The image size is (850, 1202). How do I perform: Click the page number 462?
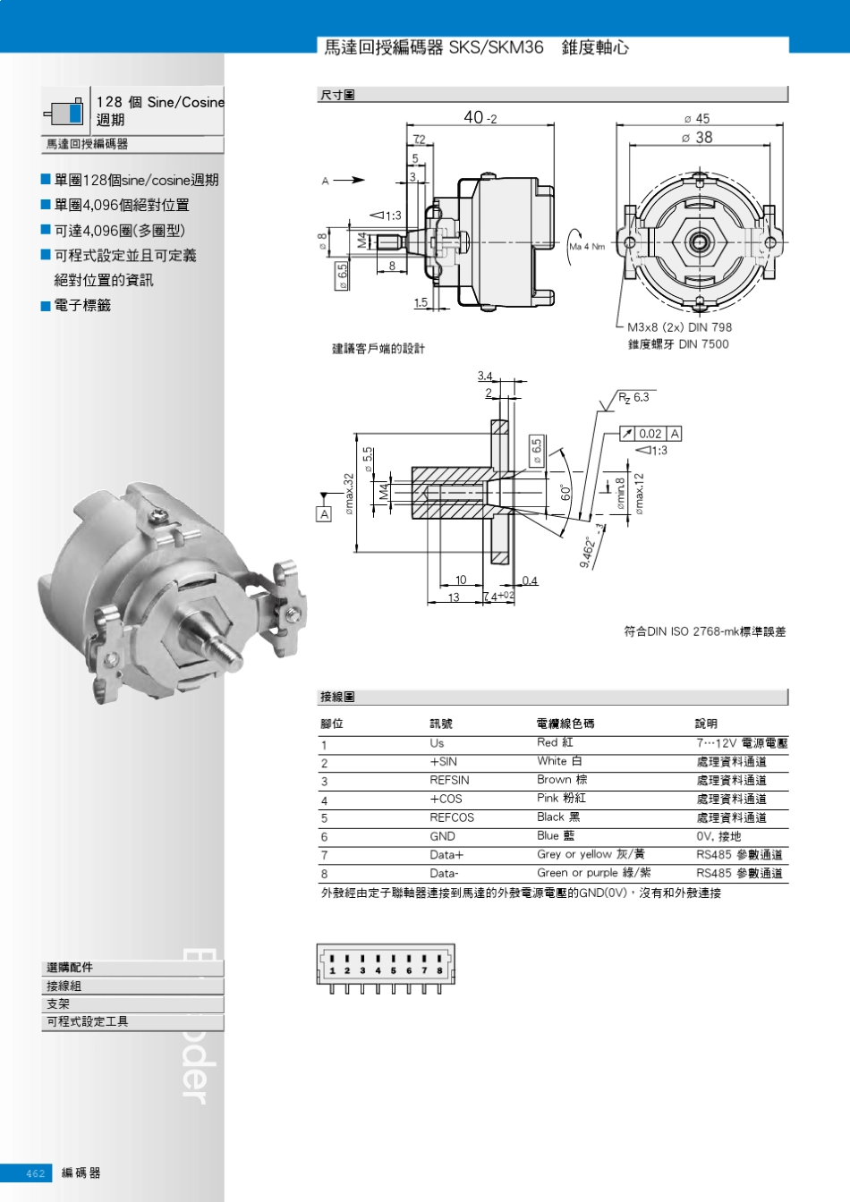pyautogui.click(x=35, y=1173)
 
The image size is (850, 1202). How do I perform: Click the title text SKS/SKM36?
pyautogui.click(x=496, y=47)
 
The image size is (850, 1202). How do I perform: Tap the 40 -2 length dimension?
pyautogui.click(x=480, y=118)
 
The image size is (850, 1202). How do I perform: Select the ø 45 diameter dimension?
pyautogui.click(x=697, y=118)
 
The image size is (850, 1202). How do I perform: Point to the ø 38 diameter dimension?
pyautogui.click(x=697, y=138)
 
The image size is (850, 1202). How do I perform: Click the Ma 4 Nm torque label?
pyautogui.click(x=587, y=246)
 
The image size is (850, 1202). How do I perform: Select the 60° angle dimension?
pyautogui.click(x=565, y=493)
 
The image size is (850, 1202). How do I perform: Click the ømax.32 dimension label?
pyautogui.click(x=349, y=494)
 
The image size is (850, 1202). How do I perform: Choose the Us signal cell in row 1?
pyautogui.click(x=437, y=743)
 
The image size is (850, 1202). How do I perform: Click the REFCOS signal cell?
pyautogui.click(x=452, y=817)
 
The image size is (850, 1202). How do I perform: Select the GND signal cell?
pyautogui.click(x=442, y=836)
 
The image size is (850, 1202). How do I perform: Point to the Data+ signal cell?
pyautogui.click(x=446, y=855)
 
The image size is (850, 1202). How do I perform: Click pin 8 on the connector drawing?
pyautogui.click(x=439, y=969)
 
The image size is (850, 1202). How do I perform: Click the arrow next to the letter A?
pyautogui.click(x=349, y=181)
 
